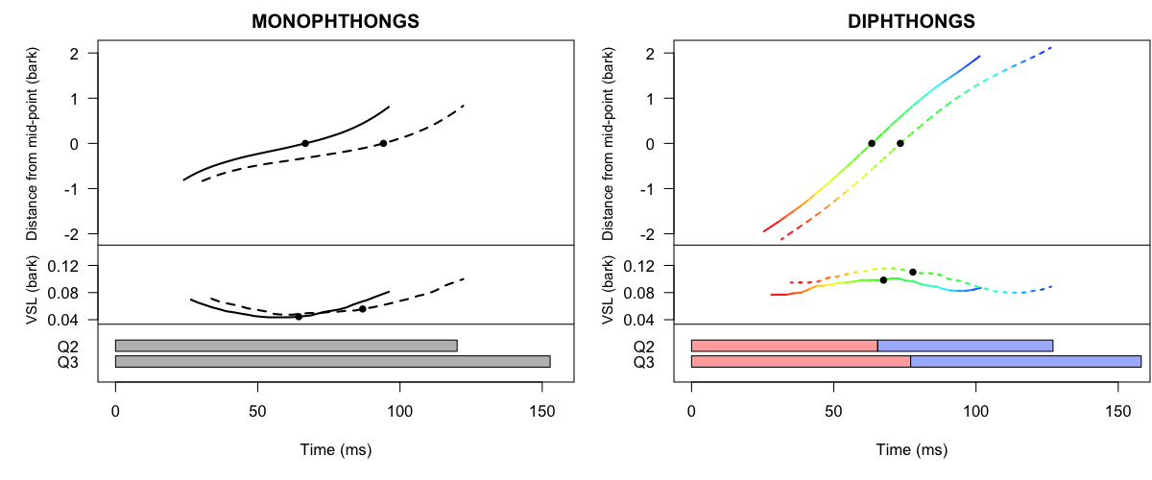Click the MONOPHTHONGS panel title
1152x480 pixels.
click(x=335, y=20)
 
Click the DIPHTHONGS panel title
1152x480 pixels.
click(x=911, y=20)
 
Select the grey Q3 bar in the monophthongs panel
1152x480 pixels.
click(x=332, y=361)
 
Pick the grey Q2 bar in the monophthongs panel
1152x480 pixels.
click(x=286, y=346)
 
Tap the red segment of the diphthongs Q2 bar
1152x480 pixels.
click(x=784, y=346)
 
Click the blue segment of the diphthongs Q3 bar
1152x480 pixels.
click(x=1025, y=361)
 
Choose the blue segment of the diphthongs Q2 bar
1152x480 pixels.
click(x=965, y=346)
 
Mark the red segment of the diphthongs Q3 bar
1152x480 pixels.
click(x=801, y=361)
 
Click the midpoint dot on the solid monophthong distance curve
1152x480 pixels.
click(x=305, y=143)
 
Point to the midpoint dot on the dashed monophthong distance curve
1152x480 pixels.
click(x=383, y=143)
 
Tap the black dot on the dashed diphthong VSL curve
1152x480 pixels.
click(x=913, y=272)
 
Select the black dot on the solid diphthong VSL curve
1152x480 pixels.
click(x=883, y=279)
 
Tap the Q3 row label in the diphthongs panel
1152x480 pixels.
click(x=644, y=362)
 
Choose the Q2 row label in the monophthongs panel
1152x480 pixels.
click(x=68, y=347)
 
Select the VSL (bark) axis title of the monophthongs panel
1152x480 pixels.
click(x=33, y=284)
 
